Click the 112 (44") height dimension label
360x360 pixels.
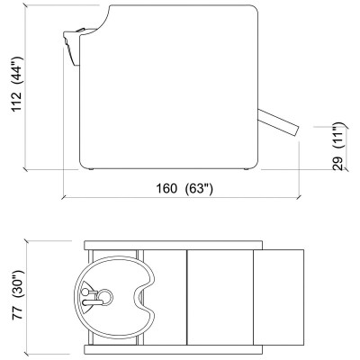click(x=17, y=84)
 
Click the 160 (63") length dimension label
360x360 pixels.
click(x=184, y=189)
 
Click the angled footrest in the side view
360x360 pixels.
click(x=278, y=122)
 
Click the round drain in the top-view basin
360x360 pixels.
click(x=105, y=297)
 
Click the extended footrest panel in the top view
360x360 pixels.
click(x=279, y=297)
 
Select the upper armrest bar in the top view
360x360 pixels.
click(x=174, y=245)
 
